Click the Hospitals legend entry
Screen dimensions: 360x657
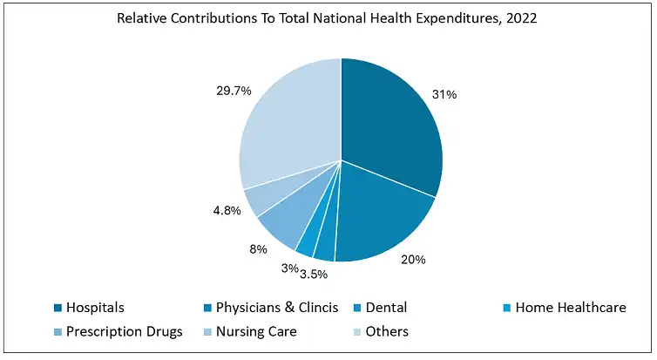pos(96,308)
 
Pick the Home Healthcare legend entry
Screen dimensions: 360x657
pos(570,308)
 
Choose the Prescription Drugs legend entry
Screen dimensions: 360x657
pos(124,331)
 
